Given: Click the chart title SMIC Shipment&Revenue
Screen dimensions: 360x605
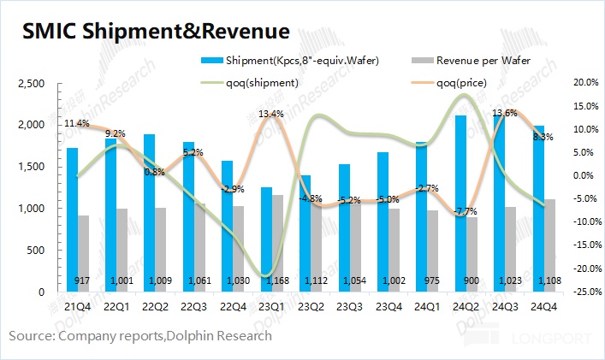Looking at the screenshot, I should point(155,32).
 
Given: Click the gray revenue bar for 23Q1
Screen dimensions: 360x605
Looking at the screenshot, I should point(277,244).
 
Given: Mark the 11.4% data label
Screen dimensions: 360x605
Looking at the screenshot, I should point(77,124).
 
